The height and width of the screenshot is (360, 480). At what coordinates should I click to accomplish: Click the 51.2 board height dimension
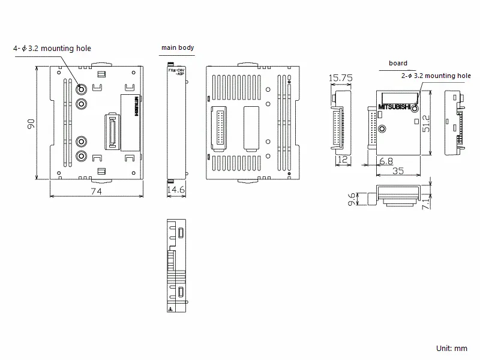coord(427,123)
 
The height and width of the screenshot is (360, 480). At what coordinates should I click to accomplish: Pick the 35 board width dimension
coord(397,171)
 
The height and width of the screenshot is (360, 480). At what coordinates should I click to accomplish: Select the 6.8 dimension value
coord(387,161)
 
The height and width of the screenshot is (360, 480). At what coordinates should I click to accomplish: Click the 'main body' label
coord(177,47)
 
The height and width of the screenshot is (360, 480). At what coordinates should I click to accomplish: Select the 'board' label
coord(398,63)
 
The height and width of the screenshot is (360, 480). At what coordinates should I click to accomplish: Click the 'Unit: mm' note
coord(452,348)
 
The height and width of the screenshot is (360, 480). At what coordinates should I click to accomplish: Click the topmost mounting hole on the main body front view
coord(80,89)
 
